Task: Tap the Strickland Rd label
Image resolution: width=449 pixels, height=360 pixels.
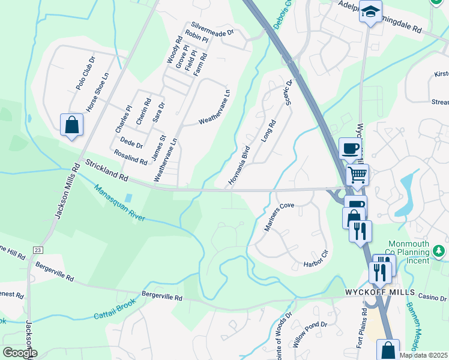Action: coord(107,170)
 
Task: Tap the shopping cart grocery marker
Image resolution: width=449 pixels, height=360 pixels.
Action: coord(357,175)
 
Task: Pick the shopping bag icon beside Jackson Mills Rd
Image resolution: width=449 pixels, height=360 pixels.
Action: coord(71,125)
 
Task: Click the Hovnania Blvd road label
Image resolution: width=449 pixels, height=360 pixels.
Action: coord(239,164)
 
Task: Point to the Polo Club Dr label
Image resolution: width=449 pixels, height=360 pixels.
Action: coord(86,73)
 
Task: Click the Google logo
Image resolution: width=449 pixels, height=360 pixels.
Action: coord(20,353)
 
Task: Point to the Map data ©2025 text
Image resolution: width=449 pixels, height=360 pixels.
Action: coord(423,355)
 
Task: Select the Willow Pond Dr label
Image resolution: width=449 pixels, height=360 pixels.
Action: coord(310,334)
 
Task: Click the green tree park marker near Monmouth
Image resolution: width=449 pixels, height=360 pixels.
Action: coord(439,250)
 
